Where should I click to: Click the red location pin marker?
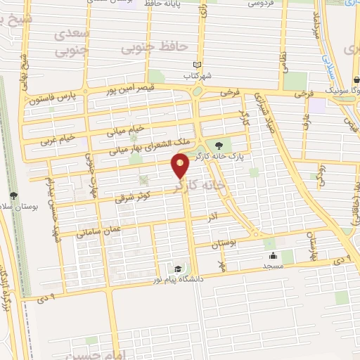[x=181, y=167]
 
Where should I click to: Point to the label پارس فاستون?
[x=53, y=97]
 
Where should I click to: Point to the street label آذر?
[x=212, y=219]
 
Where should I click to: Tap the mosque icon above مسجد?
[x=273, y=256]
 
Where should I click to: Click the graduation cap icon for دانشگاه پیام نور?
[x=179, y=269]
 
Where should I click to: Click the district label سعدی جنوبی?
[x=73, y=41]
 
